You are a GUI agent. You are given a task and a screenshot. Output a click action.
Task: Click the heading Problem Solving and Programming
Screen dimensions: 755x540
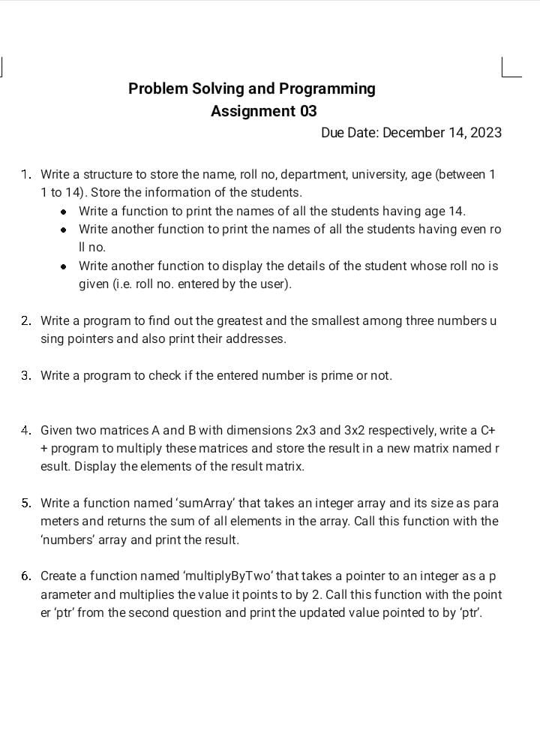[251, 89]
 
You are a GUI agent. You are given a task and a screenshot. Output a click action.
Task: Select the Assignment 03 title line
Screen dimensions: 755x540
[264, 111]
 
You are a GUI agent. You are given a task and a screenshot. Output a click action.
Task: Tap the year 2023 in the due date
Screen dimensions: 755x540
[486, 133]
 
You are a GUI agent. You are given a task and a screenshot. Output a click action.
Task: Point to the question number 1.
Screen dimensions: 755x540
[26, 175]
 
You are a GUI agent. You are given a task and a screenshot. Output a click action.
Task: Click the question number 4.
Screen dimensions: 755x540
[26, 431]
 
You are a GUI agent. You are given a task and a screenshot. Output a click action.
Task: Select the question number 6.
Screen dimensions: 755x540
[26, 576]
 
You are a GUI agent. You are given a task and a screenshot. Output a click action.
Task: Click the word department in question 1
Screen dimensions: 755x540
[310, 175]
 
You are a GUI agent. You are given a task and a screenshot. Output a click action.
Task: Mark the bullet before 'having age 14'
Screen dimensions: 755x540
[65, 212]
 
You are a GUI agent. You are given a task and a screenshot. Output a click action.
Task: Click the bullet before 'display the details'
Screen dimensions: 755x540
[65, 266]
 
